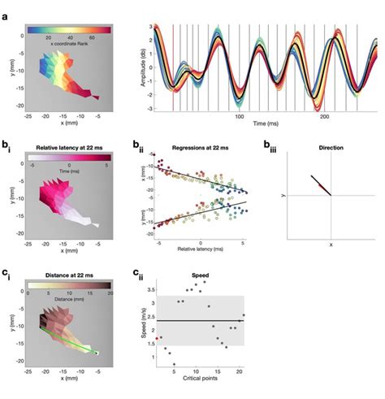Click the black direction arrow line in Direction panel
click(318, 184)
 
